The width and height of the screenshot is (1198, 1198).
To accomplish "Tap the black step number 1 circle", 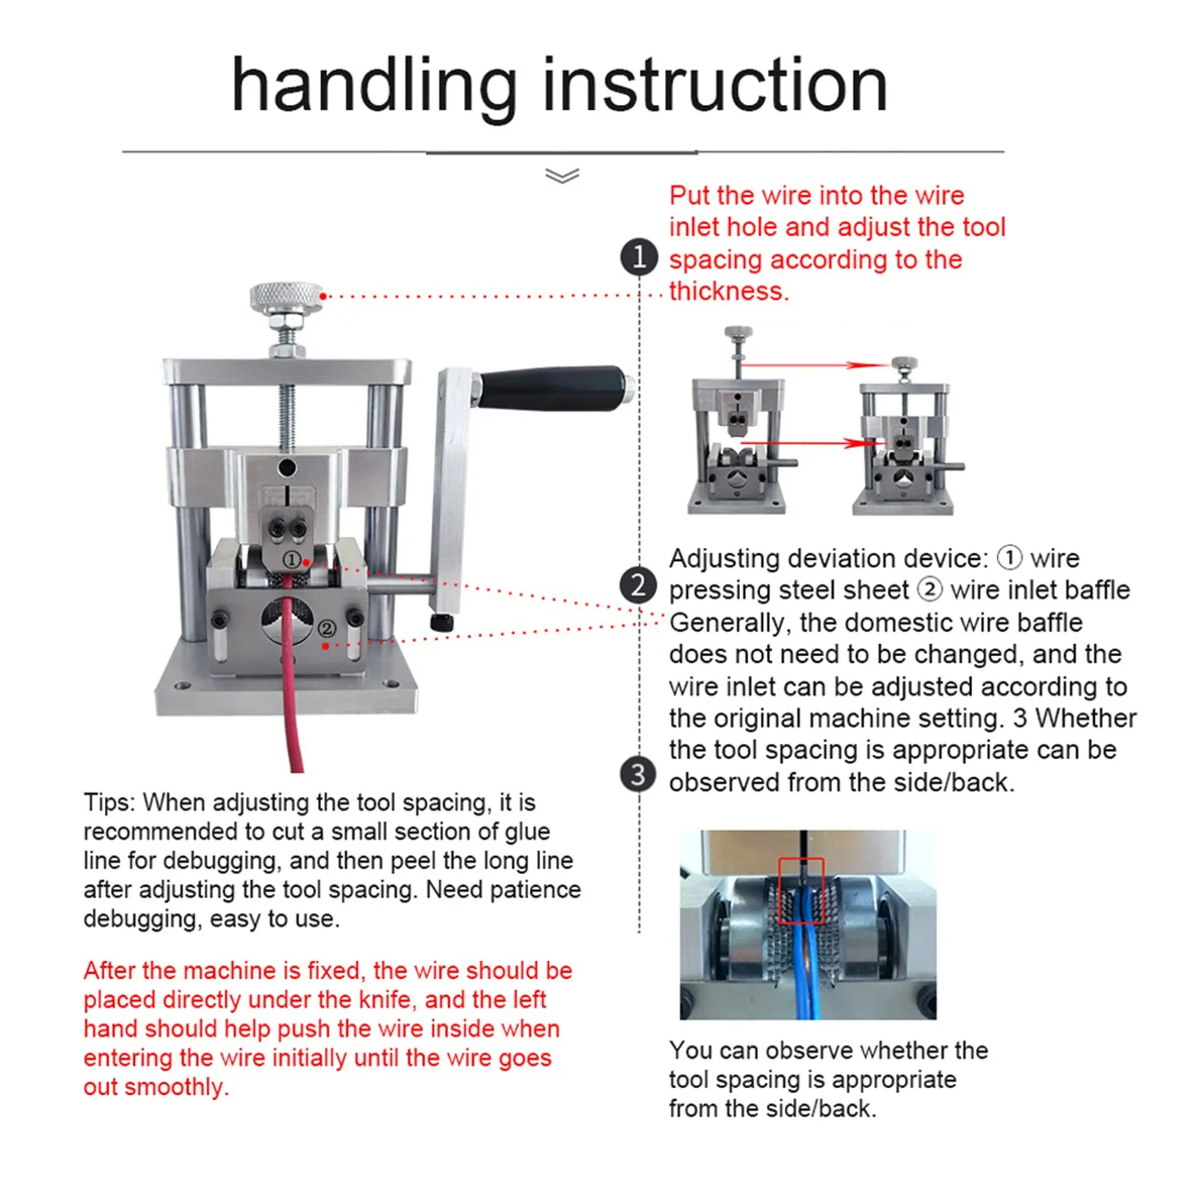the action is coord(639,257).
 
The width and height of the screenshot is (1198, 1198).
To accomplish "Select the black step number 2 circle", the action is coord(638,585).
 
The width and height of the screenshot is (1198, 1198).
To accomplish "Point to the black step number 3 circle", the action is coord(638,774).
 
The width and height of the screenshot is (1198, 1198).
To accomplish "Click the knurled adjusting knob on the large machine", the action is coord(287,297).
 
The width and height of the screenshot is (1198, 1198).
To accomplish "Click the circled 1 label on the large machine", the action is coord(292,560).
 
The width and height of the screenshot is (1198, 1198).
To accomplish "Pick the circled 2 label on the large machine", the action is coord(327,628).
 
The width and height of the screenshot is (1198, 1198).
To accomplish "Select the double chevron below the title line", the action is coord(563,176).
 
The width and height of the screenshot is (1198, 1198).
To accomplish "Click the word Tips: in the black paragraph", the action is coord(109,802).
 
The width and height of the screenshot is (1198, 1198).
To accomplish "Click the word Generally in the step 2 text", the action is coord(727,623).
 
